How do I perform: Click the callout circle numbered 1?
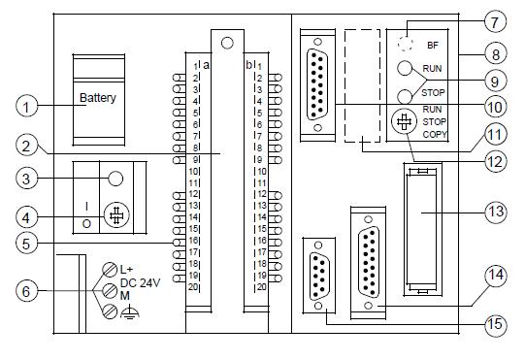pos(26,107)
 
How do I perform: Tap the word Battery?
pos(98,98)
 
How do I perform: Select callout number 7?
pos(496,21)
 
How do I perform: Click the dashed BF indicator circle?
pos(406,44)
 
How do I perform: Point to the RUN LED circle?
pos(405,68)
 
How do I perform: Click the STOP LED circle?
pos(405,97)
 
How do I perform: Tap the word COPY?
pos(435,135)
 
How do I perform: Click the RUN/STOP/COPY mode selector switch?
pos(404,121)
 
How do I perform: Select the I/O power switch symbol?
pos(116,215)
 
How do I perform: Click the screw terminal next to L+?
pos(110,270)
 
